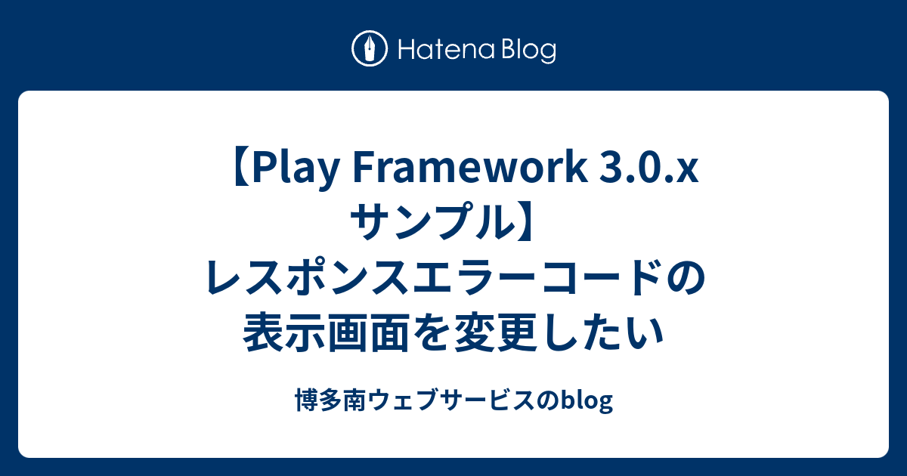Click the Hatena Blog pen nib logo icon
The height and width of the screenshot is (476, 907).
tap(370, 50)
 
